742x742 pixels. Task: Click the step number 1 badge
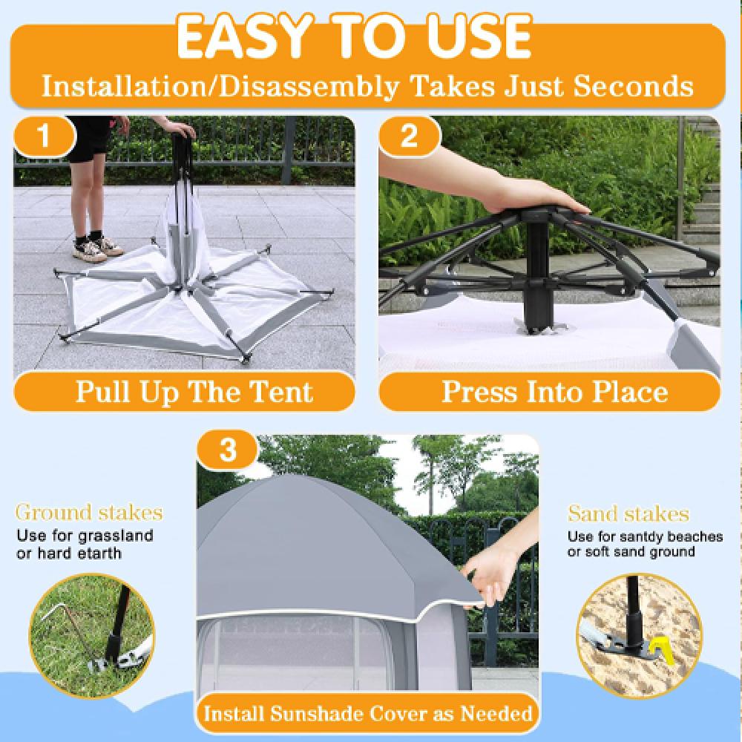point(44,135)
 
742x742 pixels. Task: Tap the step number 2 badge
point(409,135)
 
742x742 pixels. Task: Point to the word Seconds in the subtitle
point(634,87)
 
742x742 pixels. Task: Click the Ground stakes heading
point(90,513)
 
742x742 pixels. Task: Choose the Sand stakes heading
point(628,513)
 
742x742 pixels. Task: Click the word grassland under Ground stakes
point(116,536)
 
